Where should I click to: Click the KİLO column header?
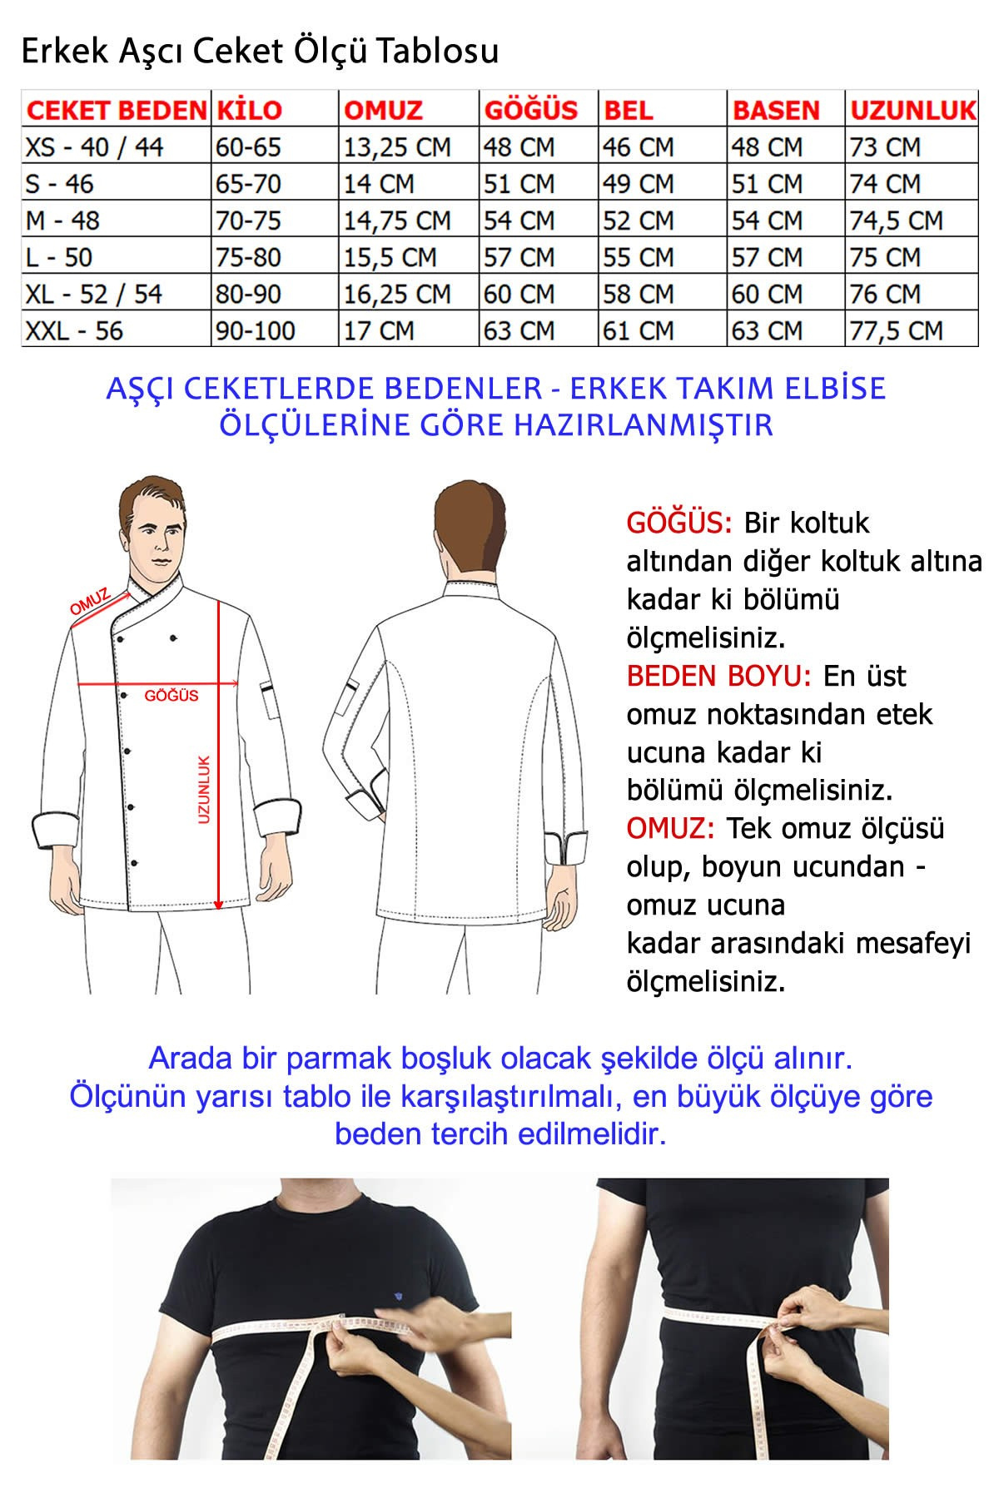click(249, 110)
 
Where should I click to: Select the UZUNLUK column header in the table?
click(912, 110)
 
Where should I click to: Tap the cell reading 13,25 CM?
click(397, 147)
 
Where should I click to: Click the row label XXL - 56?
click(74, 330)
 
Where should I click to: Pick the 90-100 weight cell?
click(256, 330)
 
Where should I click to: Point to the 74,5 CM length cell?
click(896, 221)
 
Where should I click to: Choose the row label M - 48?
click(62, 221)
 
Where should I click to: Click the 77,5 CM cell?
click(896, 330)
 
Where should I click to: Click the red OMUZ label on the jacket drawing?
click(90, 602)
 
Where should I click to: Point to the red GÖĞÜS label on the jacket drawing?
click(171, 695)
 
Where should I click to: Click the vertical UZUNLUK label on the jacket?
click(204, 789)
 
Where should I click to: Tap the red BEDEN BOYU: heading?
click(718, 676)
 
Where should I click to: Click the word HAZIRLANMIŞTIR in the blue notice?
click(644, 425)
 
